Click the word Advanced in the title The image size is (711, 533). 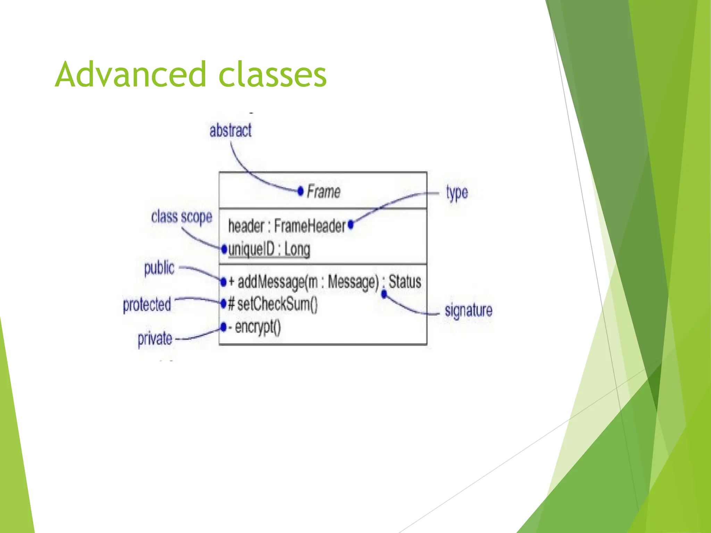pos(131,75)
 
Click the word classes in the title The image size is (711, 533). pos(273,75)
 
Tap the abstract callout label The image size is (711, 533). pos(230,131)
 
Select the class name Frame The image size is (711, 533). pos(324,192)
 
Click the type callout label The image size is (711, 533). pos(457,193)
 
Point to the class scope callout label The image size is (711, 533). pos(182,217)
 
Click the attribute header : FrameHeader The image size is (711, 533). pos(287,226)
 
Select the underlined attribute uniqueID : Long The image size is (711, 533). pos(269,249)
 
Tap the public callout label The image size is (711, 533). pos(159,268)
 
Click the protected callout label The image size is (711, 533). pos(147,305)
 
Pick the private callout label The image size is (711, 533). pos(155,338)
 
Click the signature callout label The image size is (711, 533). pos(468,310)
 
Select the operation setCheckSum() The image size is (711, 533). pos(277,304)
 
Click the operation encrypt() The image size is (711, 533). pos(257,327)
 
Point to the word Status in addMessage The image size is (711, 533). pos(405,281)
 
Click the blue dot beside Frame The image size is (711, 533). pos(301,191)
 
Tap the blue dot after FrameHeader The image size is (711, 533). pos(351,225)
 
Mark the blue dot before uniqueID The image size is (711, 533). pos(224,248)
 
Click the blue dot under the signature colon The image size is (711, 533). pos(384,295)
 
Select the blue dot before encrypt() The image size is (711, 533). pos(223,327)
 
